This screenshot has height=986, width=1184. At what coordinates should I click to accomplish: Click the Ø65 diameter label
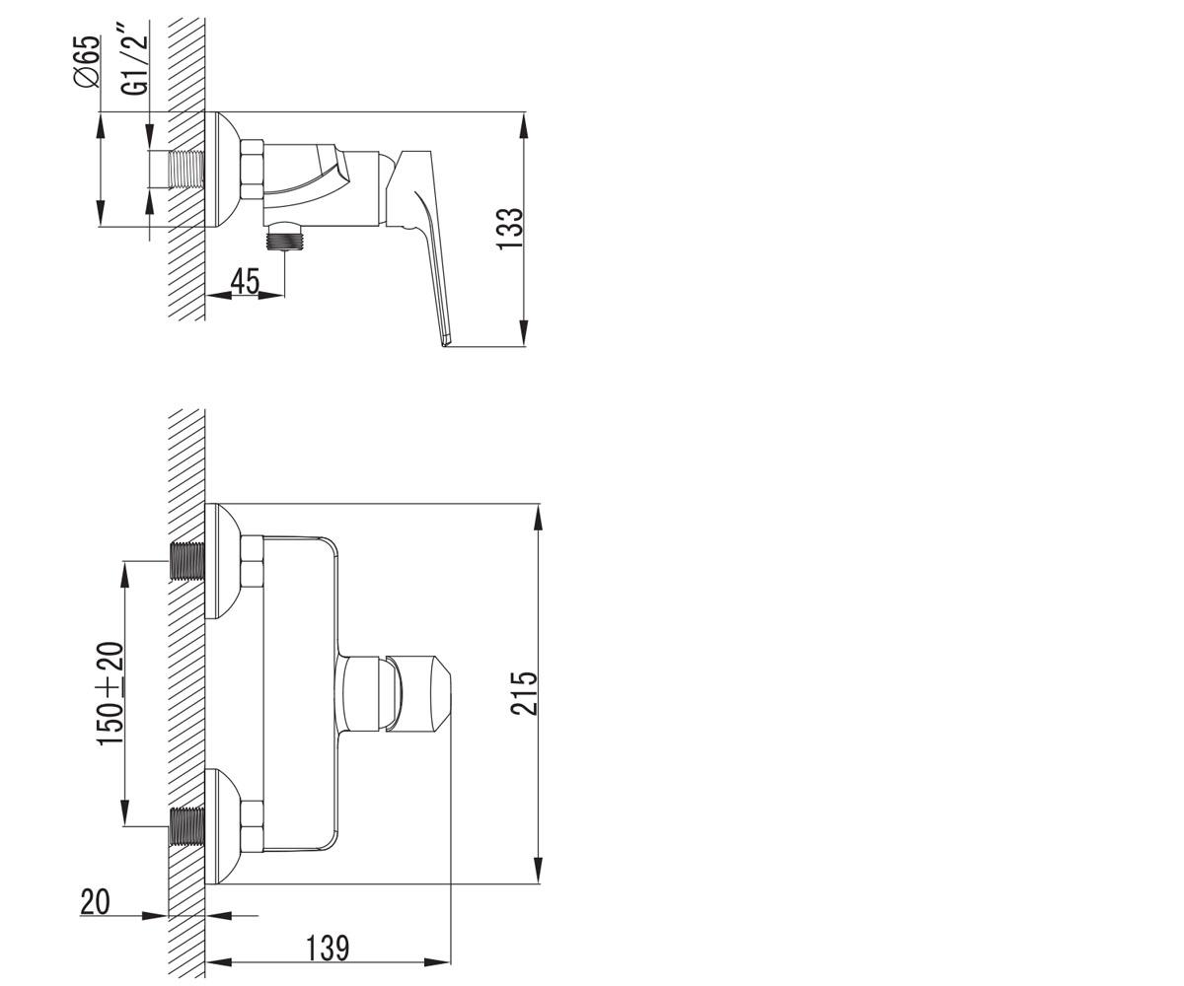86,61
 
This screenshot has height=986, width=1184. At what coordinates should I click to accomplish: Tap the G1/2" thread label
135,64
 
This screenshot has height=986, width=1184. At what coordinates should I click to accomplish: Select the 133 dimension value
509,228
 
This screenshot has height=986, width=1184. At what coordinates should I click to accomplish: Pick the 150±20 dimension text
110,693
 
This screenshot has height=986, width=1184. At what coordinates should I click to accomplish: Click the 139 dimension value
328,949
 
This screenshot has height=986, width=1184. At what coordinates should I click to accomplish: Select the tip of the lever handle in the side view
444,343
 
